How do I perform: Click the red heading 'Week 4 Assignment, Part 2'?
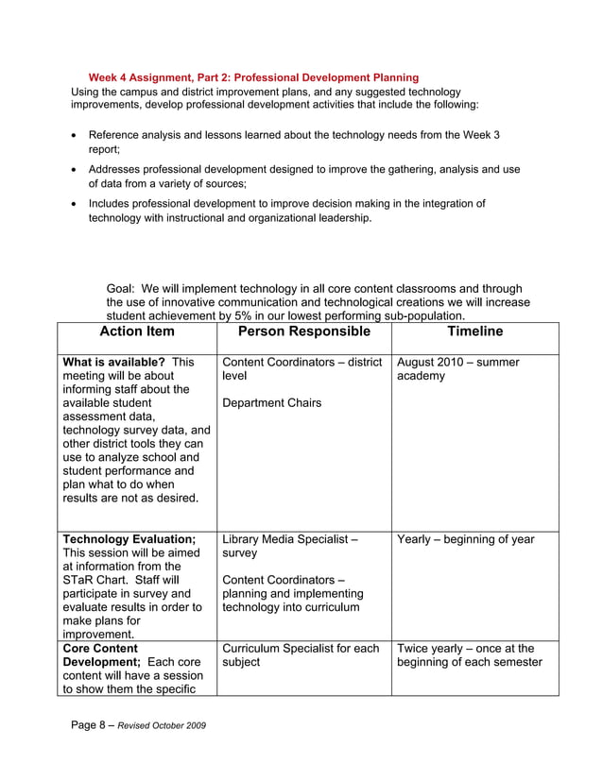tap(253, 76)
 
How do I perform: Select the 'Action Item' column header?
tap(136, 331)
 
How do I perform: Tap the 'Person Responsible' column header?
tap(303, 331)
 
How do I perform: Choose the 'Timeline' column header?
tap(475, 331)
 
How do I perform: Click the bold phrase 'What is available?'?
tap(114, 362)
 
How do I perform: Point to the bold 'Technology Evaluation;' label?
tap(129, 539)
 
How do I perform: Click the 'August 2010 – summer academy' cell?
tap(458, 368)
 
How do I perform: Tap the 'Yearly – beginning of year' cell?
tap(466, 539)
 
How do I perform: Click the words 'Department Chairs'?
tap(271, 403)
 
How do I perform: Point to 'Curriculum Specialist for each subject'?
tap(300, 654)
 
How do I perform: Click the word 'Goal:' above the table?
tap(124, 289)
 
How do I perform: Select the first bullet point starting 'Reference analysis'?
tap(293, 142)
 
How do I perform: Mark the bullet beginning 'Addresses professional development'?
tap(302, 176)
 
